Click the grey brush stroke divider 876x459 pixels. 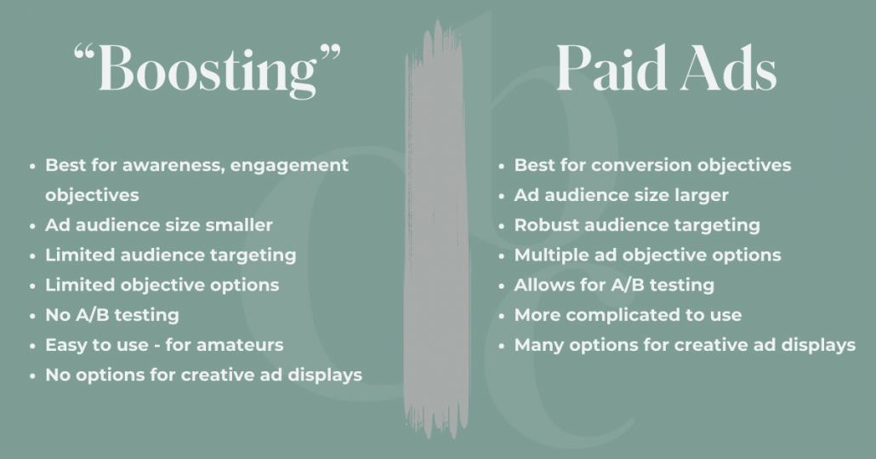[437, 230]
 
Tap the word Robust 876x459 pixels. [545, 226]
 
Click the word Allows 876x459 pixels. [541, 285]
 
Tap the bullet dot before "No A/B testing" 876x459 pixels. [32, 316]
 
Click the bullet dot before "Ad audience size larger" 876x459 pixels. [502, 196]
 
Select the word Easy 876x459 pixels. [64, 345]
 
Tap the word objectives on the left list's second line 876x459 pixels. [92, 195]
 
